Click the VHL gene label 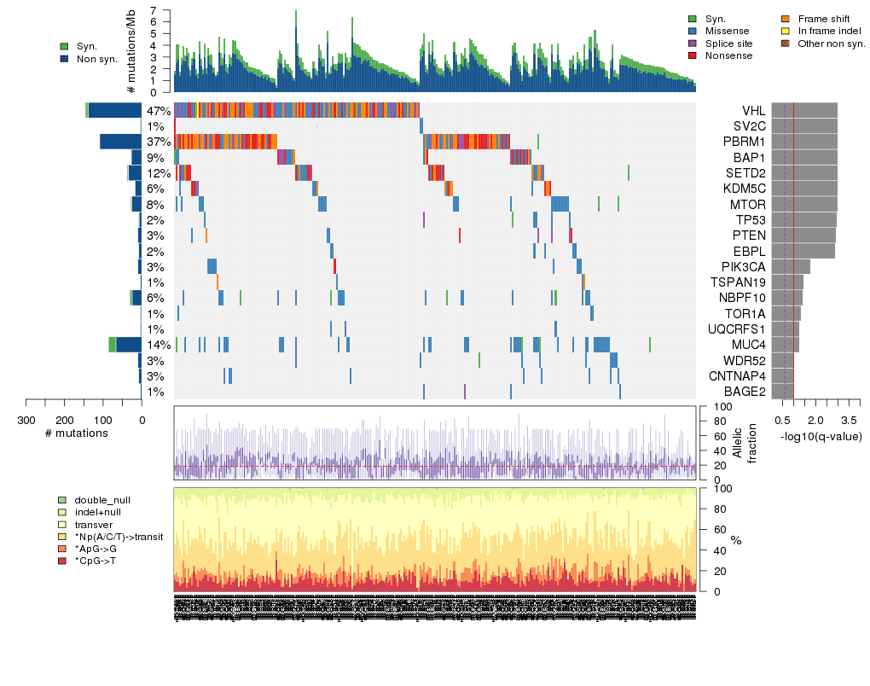(x=753, y=111)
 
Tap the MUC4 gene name (x=749, y=345)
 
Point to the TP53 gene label (x=751, y=220)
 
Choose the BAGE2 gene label (x=746, y=392)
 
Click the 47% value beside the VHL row (x=159, y=111)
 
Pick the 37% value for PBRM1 (x=159, y=142)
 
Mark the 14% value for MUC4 (x=159, y=345)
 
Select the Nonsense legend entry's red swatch (x=693, y=55)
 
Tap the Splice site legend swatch (x=693, y=44)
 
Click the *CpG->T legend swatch (x=62, y=561)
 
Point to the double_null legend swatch (x=62, y=500)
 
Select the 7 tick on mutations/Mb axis (x=154, y=10)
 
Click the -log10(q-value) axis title (x=821, y=437)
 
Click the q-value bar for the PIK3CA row (x=791, y=266)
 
